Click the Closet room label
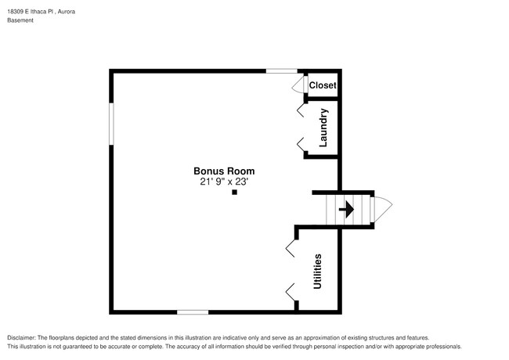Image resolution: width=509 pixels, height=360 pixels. [322, 85]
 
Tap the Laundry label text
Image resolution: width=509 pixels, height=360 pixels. [323, 128]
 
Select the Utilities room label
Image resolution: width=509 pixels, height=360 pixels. [318, 272]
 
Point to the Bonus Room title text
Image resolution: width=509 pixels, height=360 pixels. [224, 171]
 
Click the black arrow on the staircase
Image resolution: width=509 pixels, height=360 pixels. [345, 210]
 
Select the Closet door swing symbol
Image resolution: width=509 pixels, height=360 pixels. [298, 85]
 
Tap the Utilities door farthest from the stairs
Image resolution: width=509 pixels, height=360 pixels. [291, 293]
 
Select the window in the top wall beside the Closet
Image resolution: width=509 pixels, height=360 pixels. [281, 71]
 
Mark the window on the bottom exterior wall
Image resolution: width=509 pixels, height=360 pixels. [192, 311]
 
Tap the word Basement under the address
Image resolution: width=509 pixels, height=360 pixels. [20, 21]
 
